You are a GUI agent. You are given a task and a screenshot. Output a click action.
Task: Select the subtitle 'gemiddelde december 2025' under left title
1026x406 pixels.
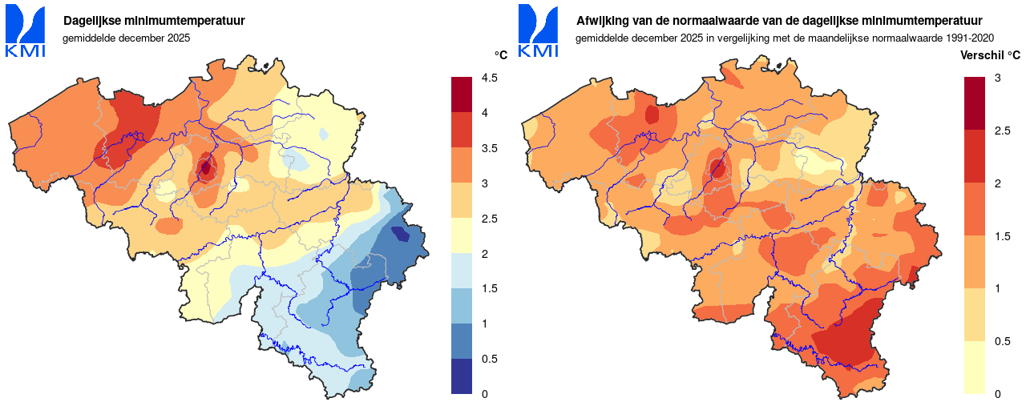[126, 38]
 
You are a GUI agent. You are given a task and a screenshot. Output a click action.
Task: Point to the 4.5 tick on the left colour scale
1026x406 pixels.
[490, 78]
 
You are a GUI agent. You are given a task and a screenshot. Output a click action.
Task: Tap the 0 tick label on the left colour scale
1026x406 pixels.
[483, 394]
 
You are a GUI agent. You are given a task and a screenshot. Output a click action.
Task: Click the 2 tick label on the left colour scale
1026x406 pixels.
[483, 254]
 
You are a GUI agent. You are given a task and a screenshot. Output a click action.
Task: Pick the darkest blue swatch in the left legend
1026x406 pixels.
[462, 376]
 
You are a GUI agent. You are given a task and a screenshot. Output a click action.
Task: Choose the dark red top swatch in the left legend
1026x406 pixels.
[462, 95]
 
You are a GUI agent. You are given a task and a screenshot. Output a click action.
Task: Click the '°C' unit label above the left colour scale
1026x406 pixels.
[500, 55]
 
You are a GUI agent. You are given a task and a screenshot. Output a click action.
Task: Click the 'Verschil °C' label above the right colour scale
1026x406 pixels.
[990, 55]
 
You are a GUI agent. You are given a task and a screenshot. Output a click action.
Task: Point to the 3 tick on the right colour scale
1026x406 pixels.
[997, 78]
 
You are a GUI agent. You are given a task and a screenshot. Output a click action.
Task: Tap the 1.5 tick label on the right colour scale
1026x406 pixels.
[1001, 235]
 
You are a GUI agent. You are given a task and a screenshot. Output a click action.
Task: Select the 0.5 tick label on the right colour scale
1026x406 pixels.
[1001, 341]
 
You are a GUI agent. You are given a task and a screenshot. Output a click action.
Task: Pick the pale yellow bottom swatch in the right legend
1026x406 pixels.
[974, 368]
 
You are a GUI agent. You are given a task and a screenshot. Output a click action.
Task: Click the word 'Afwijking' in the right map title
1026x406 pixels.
[601, 20]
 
